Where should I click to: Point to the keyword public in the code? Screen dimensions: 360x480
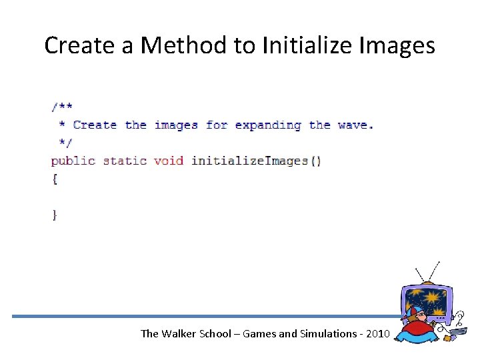(73, 161)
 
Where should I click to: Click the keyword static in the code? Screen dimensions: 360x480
(125, 161)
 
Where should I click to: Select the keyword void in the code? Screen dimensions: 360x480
(169, 161)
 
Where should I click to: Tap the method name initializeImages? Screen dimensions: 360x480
(249, 161)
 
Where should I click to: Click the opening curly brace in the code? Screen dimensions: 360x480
(55, 179)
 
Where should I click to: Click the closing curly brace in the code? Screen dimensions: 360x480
(55, 215)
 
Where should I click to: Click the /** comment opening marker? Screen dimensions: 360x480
(63, 107)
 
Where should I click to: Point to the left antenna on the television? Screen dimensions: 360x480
(421, 274)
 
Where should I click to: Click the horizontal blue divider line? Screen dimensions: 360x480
(200, 316)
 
